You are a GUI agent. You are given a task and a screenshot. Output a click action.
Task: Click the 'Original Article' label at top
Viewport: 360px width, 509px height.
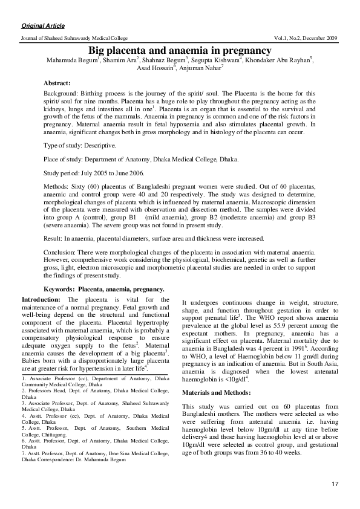(x=43, y=27)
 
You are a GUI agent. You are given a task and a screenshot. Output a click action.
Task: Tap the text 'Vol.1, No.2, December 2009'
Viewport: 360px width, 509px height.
(x=306, y=38)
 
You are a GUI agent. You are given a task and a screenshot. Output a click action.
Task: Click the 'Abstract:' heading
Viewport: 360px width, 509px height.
(x=57, y=82)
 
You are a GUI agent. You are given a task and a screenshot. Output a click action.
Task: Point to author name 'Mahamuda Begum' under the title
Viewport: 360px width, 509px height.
(x=62, y=61)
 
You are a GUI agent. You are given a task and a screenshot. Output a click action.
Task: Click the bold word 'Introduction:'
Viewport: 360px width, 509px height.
(x=41, y=300)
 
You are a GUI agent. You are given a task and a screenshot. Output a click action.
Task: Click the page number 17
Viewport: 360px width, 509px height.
(x=335, y=485)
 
